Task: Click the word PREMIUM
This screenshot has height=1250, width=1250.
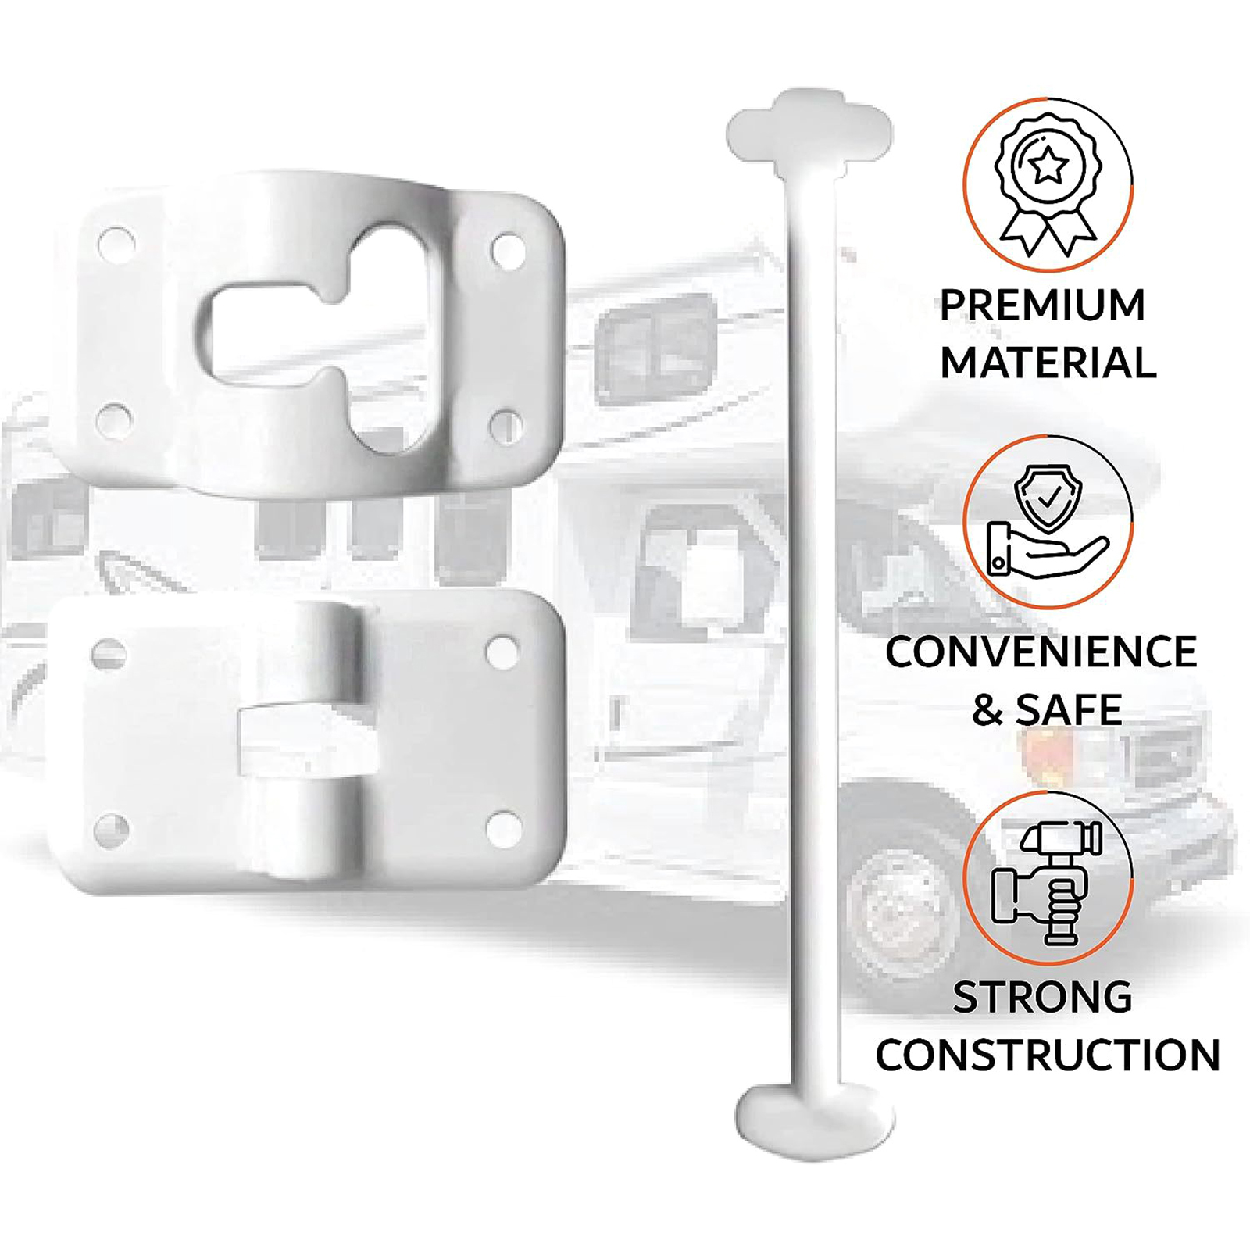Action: tap(1042, 305)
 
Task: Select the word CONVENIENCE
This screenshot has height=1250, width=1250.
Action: tap(1041, 652)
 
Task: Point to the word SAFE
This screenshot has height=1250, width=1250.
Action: tap(1069, 709)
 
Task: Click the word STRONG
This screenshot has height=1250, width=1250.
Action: tap(1043, 997)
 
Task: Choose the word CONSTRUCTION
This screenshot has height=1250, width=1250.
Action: tap(1048, 1055)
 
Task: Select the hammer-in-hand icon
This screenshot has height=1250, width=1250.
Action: tap(1046, 880)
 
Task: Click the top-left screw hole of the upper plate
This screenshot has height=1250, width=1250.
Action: tap(116, 241)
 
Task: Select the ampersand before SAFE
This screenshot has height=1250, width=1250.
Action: tap(987, 709)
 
